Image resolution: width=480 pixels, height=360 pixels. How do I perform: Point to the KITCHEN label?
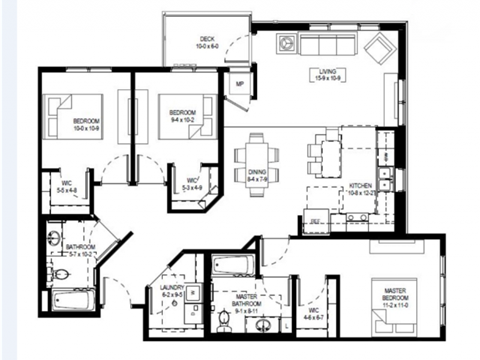coord(359,188)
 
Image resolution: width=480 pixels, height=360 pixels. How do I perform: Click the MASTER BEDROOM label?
coord(392,294)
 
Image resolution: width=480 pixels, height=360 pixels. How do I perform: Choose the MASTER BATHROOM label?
coord(246,302)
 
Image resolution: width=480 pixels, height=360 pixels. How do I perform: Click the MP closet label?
coord(240,84)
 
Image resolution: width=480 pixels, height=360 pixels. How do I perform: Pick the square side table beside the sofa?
coord(289,44)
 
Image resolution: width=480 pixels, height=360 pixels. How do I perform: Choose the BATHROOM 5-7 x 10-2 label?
coord(80,250)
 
